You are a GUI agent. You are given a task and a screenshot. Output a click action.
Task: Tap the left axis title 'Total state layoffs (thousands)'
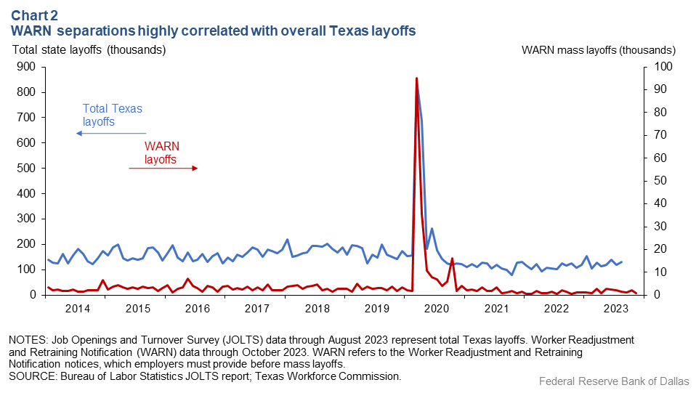[89, 50]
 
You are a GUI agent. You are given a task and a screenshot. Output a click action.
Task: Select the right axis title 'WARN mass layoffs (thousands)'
[599, 50]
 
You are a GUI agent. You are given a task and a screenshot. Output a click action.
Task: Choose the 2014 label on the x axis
[77, 308]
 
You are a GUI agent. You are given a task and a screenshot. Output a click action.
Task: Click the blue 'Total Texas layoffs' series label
[112, 115]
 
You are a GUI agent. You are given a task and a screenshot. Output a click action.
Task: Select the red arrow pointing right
[163, 168]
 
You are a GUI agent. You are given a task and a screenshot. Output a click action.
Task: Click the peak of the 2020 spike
[416, 78]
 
